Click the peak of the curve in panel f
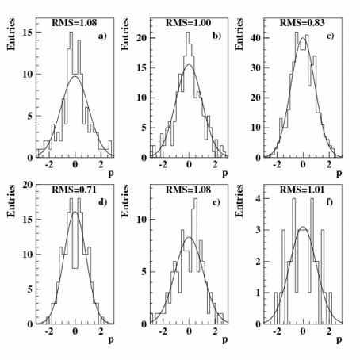pyautogui.click(x=303, y=228)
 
